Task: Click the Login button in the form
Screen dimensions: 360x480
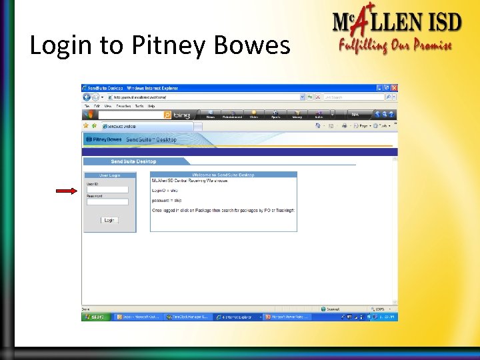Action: pyautogui.click(x=109, y=220)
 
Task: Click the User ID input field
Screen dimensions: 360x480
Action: pyautogui.click(x=107, y=189)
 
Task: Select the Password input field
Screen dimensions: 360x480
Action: pyautogui.click(x=107, y=201)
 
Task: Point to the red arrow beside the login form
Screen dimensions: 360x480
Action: pyautogui.click(x=67, y=191)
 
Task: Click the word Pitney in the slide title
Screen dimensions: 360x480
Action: pyautogui.click(x=171, y=45)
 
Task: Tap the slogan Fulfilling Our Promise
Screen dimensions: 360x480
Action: pyautogui.click(x=395, y=46)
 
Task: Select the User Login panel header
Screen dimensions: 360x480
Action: pyautogui.click(x=109, y=175)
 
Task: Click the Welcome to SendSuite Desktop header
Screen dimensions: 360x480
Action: pyautogui.click(x=223, y=175)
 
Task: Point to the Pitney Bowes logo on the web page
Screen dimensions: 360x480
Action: pyautogui.click(x=105, y=139)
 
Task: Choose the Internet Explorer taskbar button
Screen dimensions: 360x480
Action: pyautogui.click(x=237, y=317)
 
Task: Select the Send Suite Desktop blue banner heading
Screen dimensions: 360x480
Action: pyautogui.click(x=133, y=161)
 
